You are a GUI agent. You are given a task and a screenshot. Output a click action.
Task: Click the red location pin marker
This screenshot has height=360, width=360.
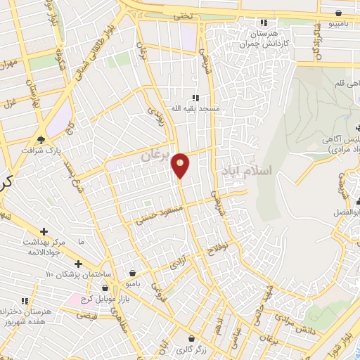click(x=181, y=165)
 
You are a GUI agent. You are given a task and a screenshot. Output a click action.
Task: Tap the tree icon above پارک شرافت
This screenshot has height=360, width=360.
click(x=41, y=139)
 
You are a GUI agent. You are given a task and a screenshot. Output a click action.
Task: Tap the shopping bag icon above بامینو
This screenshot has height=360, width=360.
click(x=339, y=13)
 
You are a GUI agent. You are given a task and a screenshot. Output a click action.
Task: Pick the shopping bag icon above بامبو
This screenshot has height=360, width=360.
click(x=133, y=273)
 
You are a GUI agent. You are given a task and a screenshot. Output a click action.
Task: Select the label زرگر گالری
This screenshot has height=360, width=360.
click(x=190, y=348)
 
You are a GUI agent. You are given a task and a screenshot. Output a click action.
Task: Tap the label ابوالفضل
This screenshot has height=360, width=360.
click(x=346, y=212)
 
